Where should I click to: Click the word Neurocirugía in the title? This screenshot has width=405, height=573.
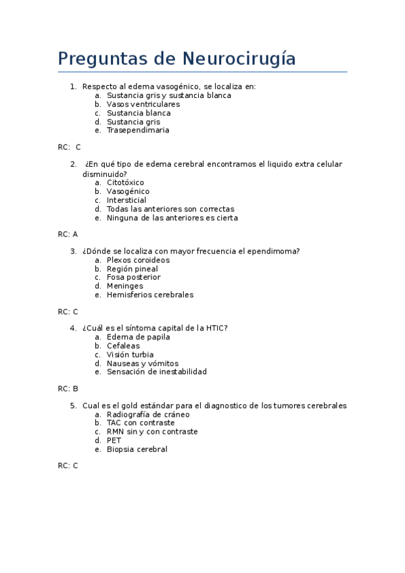pyautogui.click(x=239, y=59)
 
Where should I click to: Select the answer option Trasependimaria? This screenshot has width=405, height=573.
pyautogui.click(x=138, y=130)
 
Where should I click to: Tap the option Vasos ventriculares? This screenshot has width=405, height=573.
pyautogui.click(x=143, y=104)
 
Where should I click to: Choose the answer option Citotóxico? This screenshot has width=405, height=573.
pyautogui.click(x=125, y=182)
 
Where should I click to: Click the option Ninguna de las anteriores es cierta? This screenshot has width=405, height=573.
pyautogui.click(x=172, y=218)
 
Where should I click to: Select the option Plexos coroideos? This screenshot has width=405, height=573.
pyautogui.click(x=138, y=260)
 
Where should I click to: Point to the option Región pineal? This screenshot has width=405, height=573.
pyautogui.click(x=132, y=269)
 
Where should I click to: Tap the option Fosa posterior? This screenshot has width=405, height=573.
pyautogui.click(x=133, y=277)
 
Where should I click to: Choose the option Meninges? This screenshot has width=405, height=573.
pyautogui.click(x=124, y=286)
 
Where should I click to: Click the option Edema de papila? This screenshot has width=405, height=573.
pyautogui.click(x=138, y=337)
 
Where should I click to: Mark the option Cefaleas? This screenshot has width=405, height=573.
pyautogui.click(x=123, y=346)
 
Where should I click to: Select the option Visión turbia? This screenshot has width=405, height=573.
pyautogui.click(x=130, y=355)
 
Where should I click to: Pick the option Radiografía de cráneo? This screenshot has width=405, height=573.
pyautogui.click(x=148, y=414)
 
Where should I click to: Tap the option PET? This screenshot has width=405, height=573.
pyautogui.click(x=114, y=441)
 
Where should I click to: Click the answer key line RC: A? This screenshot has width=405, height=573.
pyautogui.click(x=68, y=234)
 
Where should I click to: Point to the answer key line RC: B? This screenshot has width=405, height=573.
pyautogui.click(x=68, y=389)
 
